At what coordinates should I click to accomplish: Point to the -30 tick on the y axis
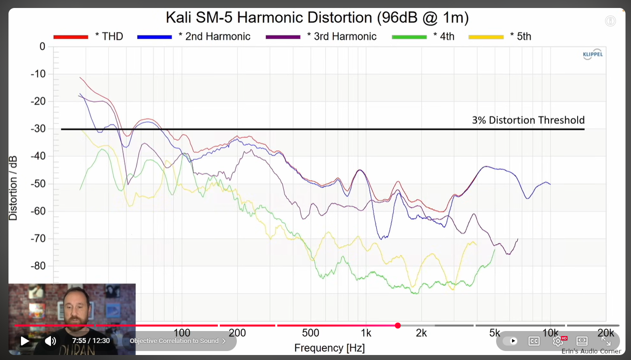tap(38, 129)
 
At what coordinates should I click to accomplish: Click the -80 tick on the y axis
tap(38, 266)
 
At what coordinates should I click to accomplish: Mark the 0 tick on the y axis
tap(42, 46)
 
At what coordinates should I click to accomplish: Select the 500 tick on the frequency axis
tap(311, 333)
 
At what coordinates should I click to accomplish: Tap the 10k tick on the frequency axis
tap(550, 333)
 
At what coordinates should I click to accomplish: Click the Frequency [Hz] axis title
tap(329, 348)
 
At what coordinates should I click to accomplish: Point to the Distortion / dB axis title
tap(13, 188)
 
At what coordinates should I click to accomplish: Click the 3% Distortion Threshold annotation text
tap(528, 120)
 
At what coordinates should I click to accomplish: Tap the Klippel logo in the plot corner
tap(593, 54)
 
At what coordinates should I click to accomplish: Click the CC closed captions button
tap(534, 341)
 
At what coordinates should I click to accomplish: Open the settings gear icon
tap(558, 341)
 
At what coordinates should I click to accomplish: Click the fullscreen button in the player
tap(606, 341)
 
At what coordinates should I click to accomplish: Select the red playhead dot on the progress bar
tap(398, 326)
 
